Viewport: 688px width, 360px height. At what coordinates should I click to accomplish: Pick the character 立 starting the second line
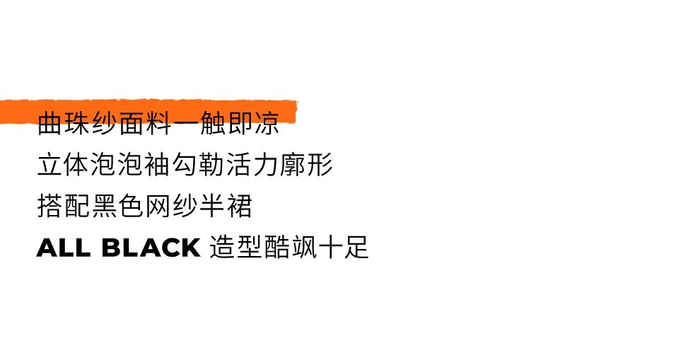[x=49, y=166]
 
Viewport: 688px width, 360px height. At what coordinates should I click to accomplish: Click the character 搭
[x=49, y=207]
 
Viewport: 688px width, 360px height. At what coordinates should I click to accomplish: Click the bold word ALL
[x=64, y=248]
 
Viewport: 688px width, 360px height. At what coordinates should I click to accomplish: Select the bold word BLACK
[x=151, y=248]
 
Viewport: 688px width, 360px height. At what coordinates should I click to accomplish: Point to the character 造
[x=222, y=248]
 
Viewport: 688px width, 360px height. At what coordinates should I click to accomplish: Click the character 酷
[x=276, y=248]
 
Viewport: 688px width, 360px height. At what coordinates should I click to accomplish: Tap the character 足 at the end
[x=357, y=248]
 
